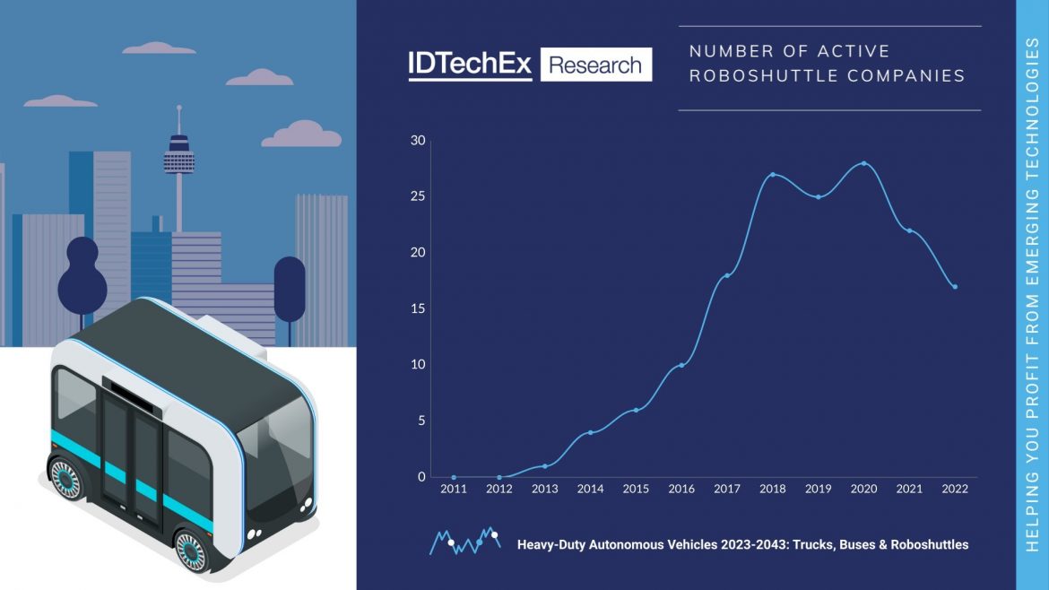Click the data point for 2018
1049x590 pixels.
point(773,175)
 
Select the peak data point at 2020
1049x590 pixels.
point(863,163)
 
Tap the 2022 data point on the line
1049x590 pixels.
point(955,287)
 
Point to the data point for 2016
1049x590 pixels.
point(681,365)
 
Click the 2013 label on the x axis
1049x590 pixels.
point(544,490)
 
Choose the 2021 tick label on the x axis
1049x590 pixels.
point(909,490)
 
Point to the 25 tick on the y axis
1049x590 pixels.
point(418,196)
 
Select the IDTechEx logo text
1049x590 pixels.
point(470,65)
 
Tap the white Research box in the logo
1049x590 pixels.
point(595,65)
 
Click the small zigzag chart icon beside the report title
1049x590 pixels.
point(464,540)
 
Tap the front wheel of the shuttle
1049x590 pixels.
point(192,551)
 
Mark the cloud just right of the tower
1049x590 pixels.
point(302,135)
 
